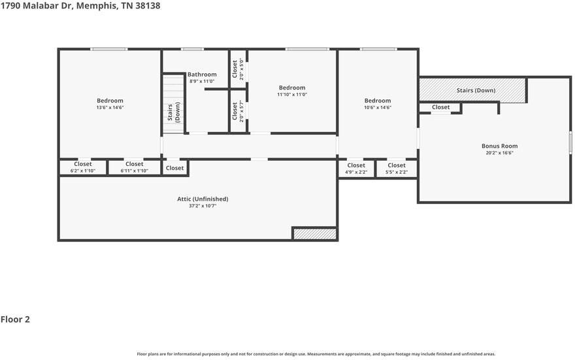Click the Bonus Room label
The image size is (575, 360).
(x=499, y=146)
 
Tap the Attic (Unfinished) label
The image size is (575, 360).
(x=203, y=199)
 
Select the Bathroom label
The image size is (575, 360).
(x=202, y=74)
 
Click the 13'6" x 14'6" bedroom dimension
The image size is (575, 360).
(x=109, y=108)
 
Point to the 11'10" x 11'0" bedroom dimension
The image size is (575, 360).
(x=291, y=95)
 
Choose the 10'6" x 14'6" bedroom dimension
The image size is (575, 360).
(x=377, y=108)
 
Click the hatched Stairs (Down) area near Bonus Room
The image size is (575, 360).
(x=472, y=90)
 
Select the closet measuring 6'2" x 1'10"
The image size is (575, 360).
(x=83, y=167)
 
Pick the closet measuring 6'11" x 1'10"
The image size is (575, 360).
(x=134, y=167)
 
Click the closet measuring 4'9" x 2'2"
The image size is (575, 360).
(x=356, y=169)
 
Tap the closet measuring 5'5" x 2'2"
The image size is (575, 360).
(x=396, y=169)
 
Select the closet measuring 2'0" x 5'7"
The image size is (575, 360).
(x=237, y=111)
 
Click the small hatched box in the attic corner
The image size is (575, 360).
(x=314, y=234)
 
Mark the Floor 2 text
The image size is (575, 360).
(x=15, y=319)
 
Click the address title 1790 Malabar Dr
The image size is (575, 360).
(x=80, y=6)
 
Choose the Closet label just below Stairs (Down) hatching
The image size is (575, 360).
(x=440, y=107)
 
